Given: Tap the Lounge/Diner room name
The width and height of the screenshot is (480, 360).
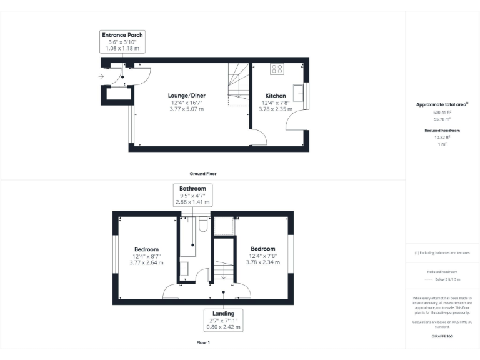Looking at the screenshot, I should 187,96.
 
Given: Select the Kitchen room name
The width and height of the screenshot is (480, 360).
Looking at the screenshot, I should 275,96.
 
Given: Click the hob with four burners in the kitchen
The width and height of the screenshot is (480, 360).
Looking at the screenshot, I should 277,69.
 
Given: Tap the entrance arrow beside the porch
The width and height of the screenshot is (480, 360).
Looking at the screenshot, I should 102,77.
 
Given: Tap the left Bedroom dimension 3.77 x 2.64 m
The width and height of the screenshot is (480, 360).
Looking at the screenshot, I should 146,262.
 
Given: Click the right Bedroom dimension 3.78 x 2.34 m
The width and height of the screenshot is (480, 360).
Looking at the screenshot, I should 262,262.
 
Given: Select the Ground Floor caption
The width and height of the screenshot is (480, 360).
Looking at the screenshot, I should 202,173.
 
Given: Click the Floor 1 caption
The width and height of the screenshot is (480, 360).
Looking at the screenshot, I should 202,343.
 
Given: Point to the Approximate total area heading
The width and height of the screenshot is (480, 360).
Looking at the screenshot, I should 442,104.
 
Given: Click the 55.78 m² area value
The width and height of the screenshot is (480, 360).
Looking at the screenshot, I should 442,118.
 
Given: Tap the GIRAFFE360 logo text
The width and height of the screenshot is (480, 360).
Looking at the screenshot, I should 442,336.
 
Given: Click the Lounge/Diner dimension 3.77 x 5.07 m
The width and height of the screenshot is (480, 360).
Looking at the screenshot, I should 187,109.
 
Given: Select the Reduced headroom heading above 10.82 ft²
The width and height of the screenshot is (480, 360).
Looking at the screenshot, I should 442,130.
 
